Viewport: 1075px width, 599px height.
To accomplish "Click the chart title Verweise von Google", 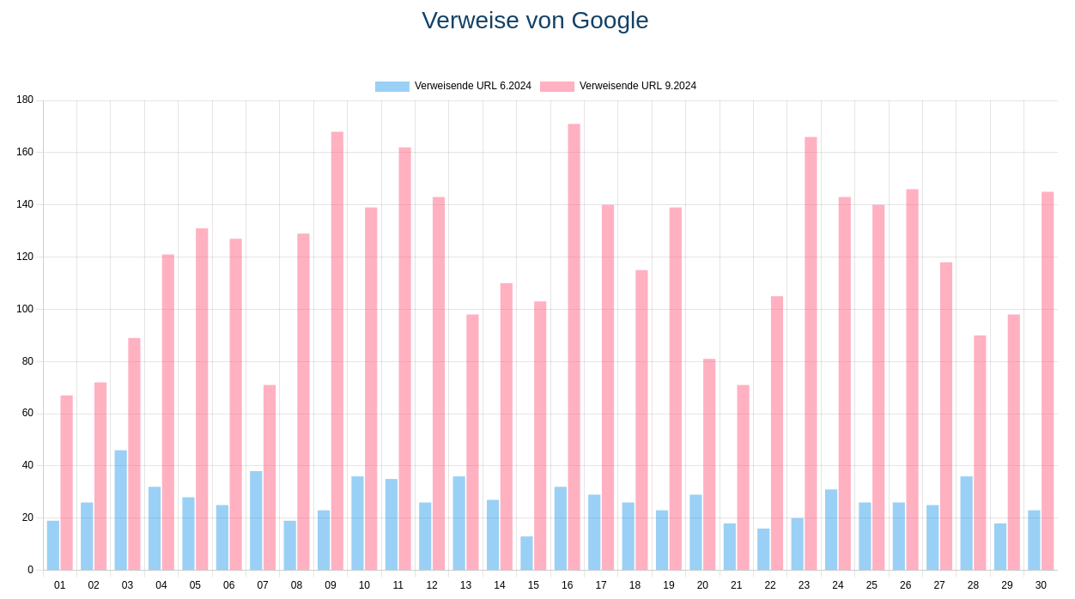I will pyautogui.click(x=535, y=21).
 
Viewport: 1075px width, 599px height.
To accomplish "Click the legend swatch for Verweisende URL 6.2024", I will pyautogui.click(x=392, y=87).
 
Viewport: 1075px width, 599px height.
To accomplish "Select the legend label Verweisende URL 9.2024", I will pyautogui.click(x=637, y=86).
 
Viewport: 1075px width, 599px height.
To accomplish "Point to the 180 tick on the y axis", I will pyautogui.click(x=25, y=100).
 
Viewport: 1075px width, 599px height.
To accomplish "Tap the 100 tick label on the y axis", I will pyautogui.click(x=25, y=309).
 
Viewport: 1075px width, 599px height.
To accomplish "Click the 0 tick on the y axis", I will pyautogui.click(x=30, y=570).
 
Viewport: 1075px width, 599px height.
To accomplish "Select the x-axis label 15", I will pyautogui.click(x=533, y=585).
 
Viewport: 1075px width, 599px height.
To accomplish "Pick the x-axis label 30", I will pyautogui.click(x=1041, y=585).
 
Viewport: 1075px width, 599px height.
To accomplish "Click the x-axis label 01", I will pyautogui.click(x=59, y=585).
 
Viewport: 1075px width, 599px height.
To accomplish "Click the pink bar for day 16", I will pyautogui.click(x=574, y=347).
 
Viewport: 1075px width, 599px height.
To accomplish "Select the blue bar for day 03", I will pyautogui.click(x=121, y=510).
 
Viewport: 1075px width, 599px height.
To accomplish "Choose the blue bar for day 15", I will pyautogui.click(x=526, y=553).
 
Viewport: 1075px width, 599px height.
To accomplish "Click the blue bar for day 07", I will pyautogui.click(x=256, y=520).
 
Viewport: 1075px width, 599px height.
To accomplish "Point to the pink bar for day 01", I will pyautogui.click(x=66, y=482).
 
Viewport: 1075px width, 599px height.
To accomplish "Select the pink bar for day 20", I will pyautogui.click(x=709, y=464).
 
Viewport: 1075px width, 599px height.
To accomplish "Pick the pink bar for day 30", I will pyautogui.click(x=1048, y=380).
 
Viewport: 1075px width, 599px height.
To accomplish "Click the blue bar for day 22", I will pyautogui.click(x=763, y=549).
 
